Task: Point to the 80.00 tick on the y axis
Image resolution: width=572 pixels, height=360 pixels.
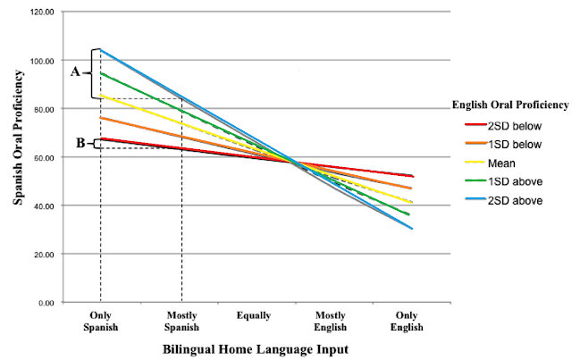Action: pyautogui.click(x=42, y=110)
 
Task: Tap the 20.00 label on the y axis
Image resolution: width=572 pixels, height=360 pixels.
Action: pyautogui.click(x=42, y=255)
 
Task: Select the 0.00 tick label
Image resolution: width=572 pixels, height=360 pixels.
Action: pyautogui.click(x=45, y=303)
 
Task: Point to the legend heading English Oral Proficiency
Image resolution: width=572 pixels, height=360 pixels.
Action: pyautogui.click(x=509, y=105)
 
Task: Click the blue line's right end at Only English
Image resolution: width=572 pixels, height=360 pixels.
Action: pyautogui.click(x=412, y=229)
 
